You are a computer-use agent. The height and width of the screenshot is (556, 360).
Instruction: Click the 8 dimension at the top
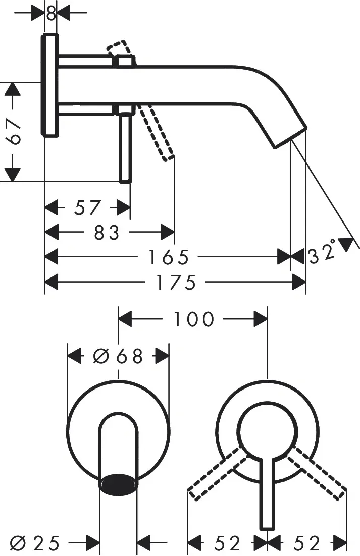click(51, 13)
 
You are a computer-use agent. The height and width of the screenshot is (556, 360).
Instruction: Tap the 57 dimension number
click(88, 208)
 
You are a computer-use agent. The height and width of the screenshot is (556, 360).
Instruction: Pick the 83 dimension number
click(107, 233)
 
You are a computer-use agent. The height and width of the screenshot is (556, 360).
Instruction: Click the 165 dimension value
click(168, 257)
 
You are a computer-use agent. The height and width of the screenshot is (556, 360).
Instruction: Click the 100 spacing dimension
click(194, 319)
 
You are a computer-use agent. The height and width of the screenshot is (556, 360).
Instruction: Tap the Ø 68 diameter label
click(118, 356)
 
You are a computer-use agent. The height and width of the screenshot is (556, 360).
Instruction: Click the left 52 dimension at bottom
click(227, 543)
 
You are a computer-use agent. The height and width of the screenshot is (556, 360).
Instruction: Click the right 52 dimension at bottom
click(307, 543)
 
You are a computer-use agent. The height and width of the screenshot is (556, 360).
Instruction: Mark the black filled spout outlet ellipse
click(119, 482)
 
